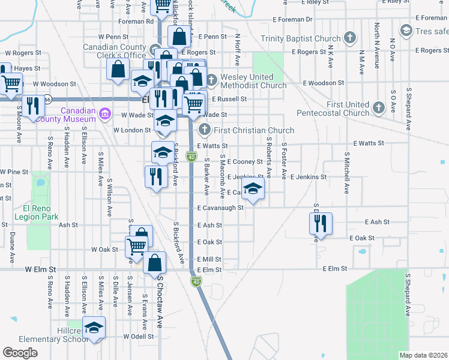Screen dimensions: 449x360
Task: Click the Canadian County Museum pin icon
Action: [x=105, y=113]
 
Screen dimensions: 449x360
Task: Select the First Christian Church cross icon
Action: [x=205, y=129]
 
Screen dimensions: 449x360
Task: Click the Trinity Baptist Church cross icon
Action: [x=350, y=39]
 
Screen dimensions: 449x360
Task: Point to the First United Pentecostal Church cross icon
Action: [x=378, y=107]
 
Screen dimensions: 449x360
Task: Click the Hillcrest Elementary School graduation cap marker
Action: [x=93, y=328]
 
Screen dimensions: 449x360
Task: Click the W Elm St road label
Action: [x=40, y=270]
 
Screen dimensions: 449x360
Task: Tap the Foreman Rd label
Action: [x=136, y=21]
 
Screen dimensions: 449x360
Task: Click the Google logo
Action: [x=20, y=353]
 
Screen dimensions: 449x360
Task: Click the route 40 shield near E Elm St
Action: [x=196, y=280]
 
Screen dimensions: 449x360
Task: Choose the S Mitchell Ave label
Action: [x=347, y=172]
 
